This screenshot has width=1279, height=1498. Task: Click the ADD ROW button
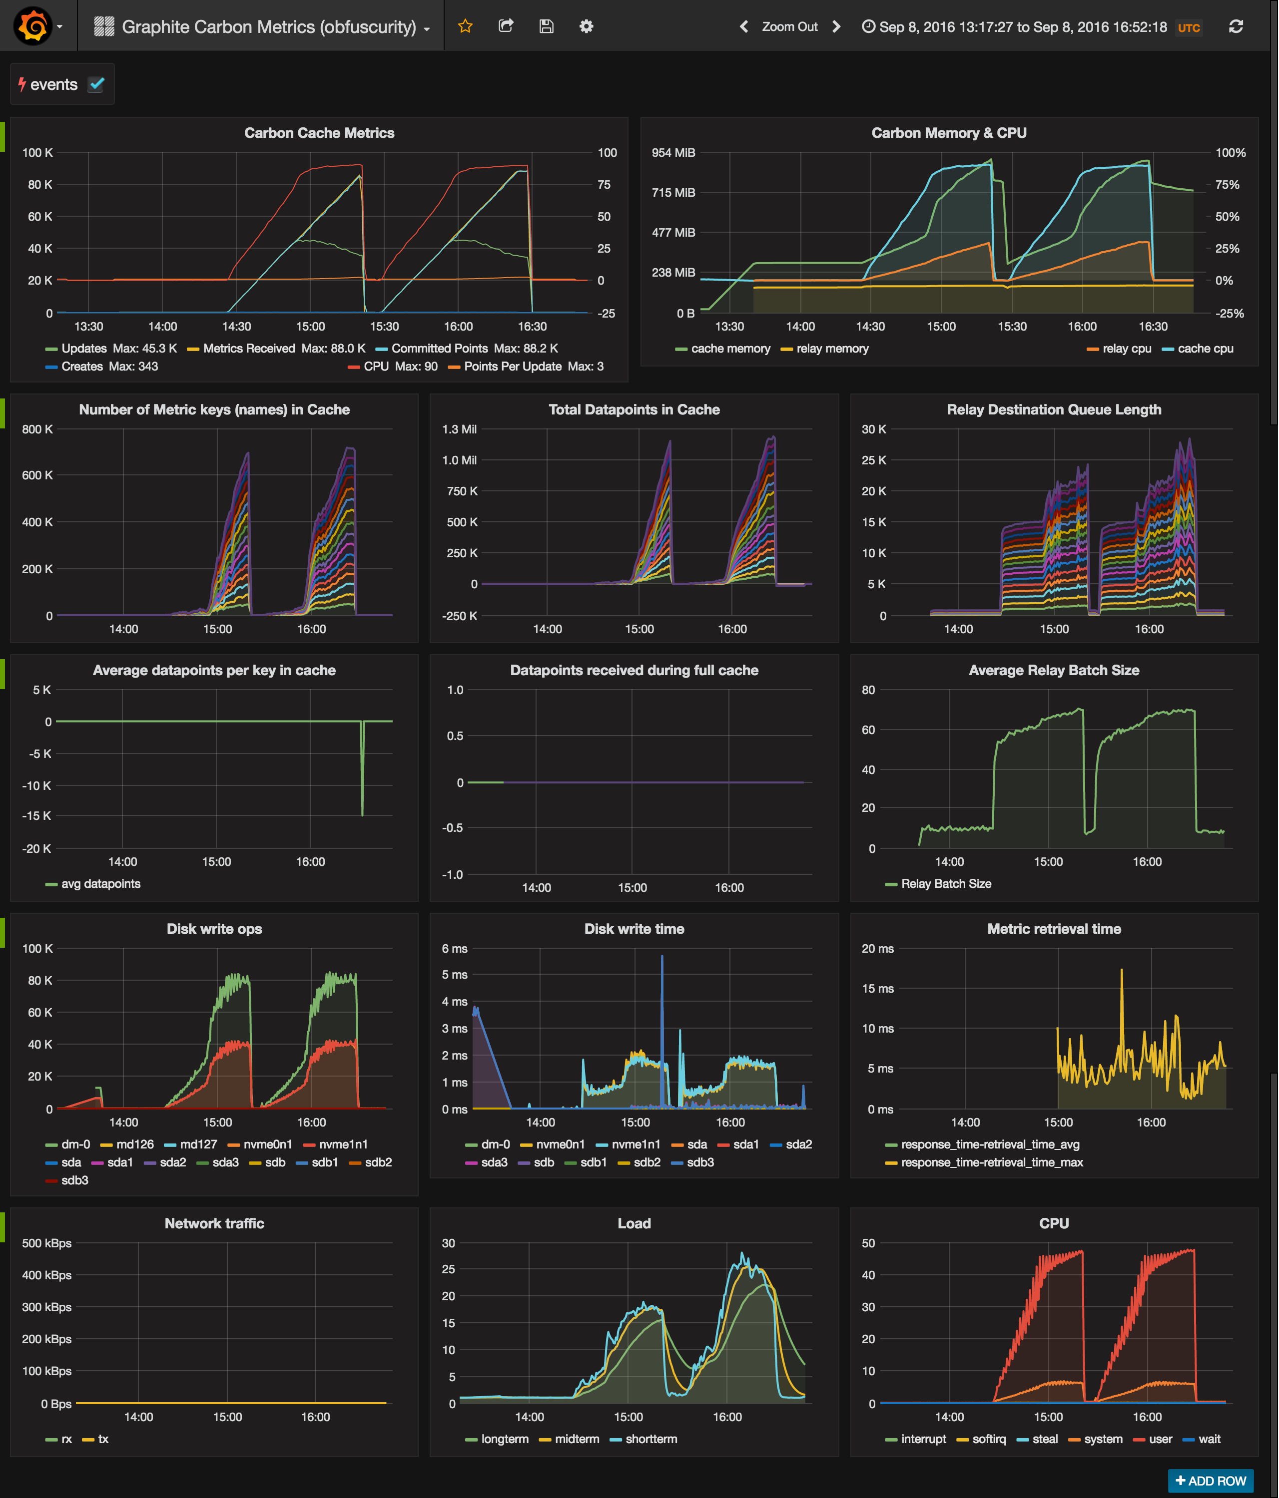[1210, 1480]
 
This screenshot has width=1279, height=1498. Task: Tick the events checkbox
[96, 84]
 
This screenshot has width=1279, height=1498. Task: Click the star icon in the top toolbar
[465, 27]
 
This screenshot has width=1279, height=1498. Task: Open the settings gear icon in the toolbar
[586, 27]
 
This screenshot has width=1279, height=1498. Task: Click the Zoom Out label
[789, 27]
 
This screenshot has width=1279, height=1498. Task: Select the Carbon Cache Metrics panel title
[319, 133]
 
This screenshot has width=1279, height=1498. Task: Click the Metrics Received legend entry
[248, 349]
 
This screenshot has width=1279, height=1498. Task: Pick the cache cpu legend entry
[1205, 349]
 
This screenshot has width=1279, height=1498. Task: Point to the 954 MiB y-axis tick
[673, 153]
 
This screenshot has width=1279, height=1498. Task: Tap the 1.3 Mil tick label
[459, 429]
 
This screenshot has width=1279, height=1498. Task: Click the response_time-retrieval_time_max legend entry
[991, 1162]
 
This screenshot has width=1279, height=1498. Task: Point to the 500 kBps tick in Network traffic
[46, 1243]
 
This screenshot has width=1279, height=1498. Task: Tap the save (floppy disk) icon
[546, 27]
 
